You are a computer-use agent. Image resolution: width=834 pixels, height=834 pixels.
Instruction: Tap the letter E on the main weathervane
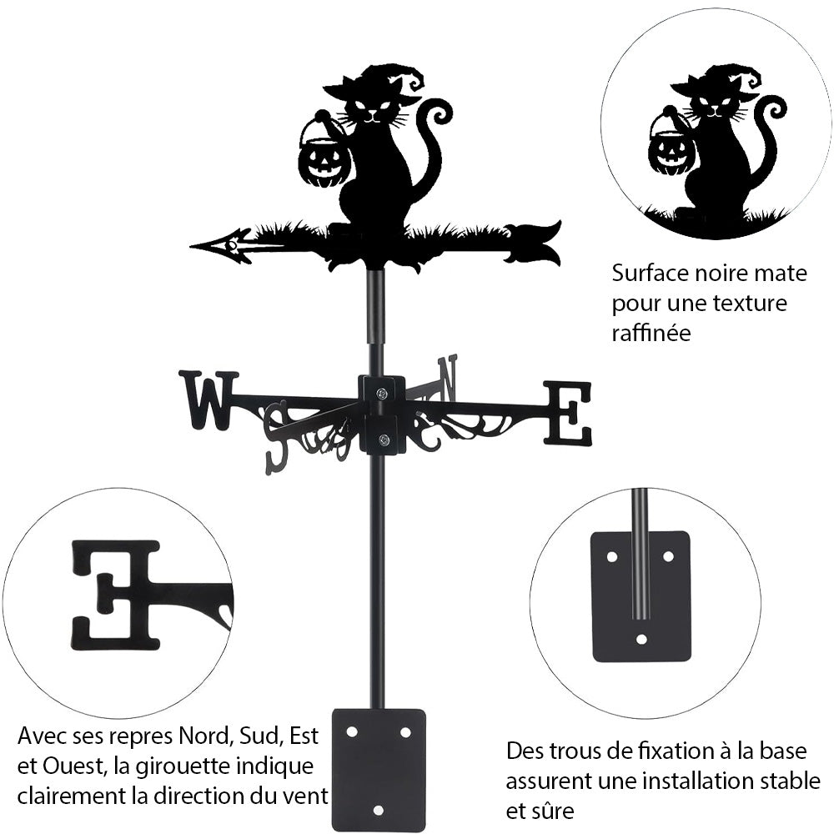coord(567,413)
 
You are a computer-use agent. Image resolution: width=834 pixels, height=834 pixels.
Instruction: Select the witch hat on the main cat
coord(379,85)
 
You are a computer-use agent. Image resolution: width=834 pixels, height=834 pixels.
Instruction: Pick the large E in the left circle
coord(116,594)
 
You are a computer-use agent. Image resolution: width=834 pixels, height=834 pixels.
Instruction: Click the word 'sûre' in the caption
coord(551,810)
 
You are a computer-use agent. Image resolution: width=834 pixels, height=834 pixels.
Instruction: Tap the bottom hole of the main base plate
coord(379,810)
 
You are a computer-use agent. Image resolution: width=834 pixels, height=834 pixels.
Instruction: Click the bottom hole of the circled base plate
coord(641,640)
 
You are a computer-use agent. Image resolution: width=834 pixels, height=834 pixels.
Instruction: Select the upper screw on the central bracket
coord(381,394)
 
